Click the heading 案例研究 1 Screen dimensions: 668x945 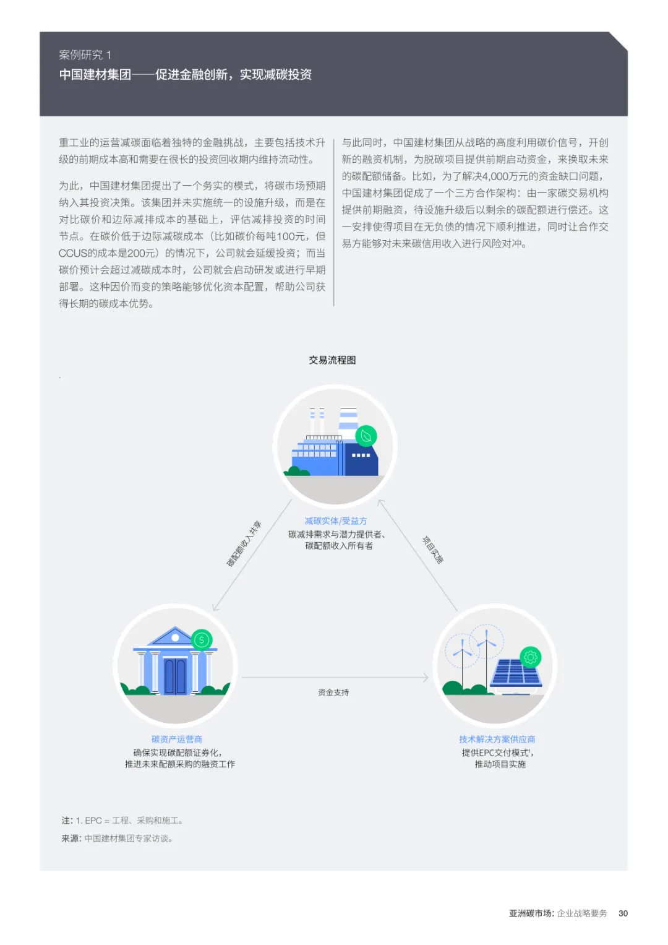click(85, 55)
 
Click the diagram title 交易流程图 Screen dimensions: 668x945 click(332, 360)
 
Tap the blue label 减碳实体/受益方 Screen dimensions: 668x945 click(335, 521)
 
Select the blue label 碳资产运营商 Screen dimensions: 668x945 click(177, 739)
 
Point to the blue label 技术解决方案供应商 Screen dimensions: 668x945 click(497, 739)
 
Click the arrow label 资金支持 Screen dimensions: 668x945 click(333, 693)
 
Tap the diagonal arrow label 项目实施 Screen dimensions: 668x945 click(433, 550)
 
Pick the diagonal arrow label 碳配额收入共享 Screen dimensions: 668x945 click(244, 544)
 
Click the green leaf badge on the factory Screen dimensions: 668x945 click(366, 436)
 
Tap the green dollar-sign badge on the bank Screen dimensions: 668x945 click(202, 640)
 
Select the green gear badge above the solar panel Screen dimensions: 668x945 click(531, 657)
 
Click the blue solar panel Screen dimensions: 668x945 click(516, 673)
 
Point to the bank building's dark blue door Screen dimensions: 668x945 click(175, 676)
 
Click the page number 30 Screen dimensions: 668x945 click(623, 913)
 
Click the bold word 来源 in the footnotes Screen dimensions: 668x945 click(71, 839)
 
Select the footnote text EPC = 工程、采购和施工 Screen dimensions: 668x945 click(133, 821)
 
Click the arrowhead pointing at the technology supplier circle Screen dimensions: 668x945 click(426, 678)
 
